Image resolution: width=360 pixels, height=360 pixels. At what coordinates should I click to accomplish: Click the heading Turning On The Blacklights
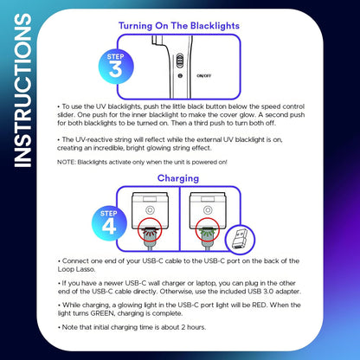point(179,27)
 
